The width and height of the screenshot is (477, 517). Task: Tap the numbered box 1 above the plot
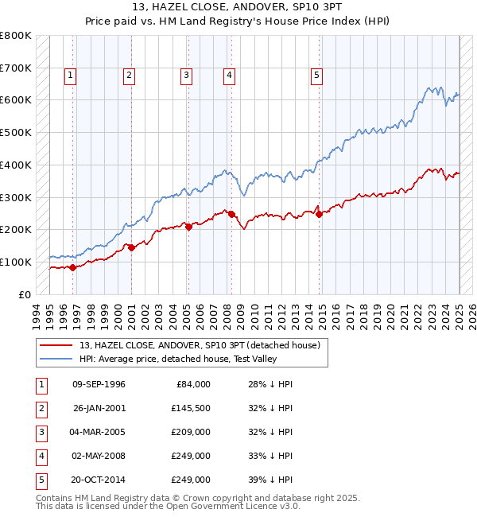tap(71, 76)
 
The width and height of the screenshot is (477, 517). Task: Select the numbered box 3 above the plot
tap(186, 76)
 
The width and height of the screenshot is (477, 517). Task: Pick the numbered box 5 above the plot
tap(316, 76)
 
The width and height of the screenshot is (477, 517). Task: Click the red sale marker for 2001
tap(131, 247)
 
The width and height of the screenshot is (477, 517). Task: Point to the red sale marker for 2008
tap(231, 214)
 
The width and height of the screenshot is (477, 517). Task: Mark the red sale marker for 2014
tap(319, 214)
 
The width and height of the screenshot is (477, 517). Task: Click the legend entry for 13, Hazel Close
tap(199, 345)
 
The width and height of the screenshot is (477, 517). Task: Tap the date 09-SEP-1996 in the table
tap(99, 384)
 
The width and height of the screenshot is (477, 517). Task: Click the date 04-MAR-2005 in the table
tap(99, 432)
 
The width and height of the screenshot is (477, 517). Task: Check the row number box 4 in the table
tap(40, 456)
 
